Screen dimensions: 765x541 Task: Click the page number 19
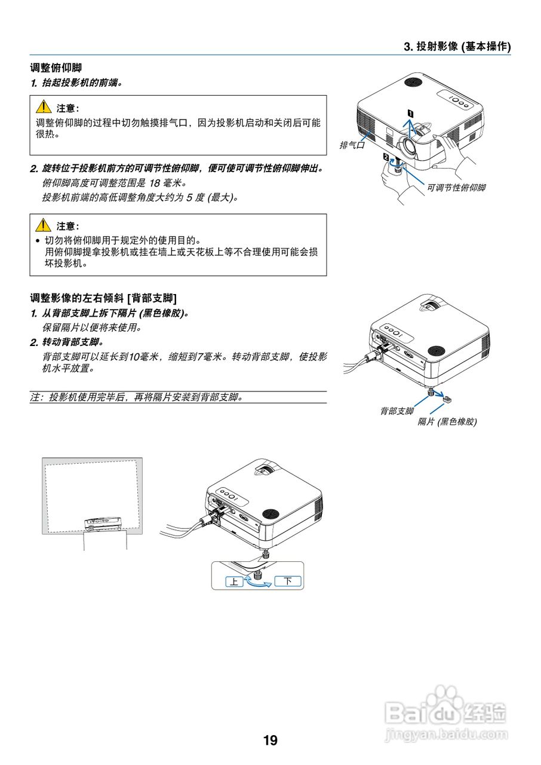(x=270, y=740)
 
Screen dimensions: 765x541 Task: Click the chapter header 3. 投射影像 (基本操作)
(x=457, y=47)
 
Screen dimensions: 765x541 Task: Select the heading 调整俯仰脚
(x=56, y=68)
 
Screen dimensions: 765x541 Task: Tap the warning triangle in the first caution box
(x=43, y=108)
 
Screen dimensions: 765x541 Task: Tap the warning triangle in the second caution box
(x=43, y=226)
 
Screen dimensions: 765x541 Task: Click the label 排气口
(x=352, y=145)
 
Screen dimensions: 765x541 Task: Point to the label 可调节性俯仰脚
(x=456, y=188)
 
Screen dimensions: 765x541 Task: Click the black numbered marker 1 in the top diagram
(x=410, y=112)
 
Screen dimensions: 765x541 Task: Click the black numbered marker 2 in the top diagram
(x=386, y=157)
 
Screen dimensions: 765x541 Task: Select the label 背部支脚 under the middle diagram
(x=396, y=411)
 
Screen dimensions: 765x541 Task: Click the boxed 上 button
(x=235, y=581)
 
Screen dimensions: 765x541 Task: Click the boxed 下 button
(x=288, y=580)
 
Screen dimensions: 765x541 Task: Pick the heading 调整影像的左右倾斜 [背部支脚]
(x=103, y=298)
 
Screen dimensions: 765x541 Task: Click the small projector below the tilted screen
(x=104, y=524)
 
